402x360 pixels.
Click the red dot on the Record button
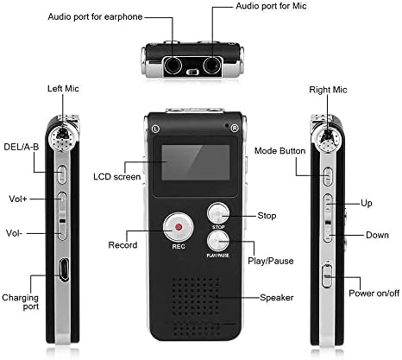point(179,227)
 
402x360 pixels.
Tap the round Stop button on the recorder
point(218,213)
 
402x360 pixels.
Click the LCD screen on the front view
point(196,162)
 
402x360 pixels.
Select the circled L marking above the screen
point(155,129)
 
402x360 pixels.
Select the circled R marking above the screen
point(235,129)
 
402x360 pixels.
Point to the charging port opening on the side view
point(64,269)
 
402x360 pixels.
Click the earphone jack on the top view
point(173,65)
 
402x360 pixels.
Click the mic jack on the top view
point(212,65)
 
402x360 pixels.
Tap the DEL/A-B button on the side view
point(62,174)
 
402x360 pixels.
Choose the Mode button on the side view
point(328,176)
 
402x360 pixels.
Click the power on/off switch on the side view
point(327,276)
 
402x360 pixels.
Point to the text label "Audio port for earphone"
point(95,16)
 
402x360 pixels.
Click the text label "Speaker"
point(277,298)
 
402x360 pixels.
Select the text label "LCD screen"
point(117,176)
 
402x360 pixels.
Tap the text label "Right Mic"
point(328,90)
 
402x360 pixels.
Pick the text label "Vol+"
point(18,199)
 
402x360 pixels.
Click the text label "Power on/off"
point(374,294)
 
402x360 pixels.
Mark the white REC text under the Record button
point(179,246)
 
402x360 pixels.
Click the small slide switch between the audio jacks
point(192,72)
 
